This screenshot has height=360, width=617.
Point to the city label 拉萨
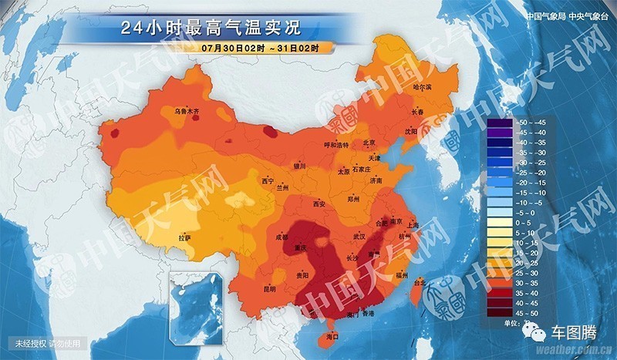pyautogui.click(x=185, y=239)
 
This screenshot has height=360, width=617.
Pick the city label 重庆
pyautogui.click(x=302, y=247)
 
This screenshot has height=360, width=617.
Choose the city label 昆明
pyautogui.click(x=269, y=289)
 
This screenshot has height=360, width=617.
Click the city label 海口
pyautogui.click(x=333, y=337)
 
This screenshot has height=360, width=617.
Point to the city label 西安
pyautogui.click(x=320, y=204)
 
